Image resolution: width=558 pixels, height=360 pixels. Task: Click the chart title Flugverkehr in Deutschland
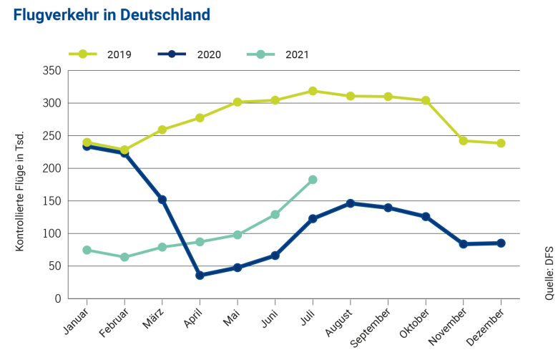pyautogui.click(x=112, y=15)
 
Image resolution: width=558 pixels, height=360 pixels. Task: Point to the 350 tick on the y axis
pyautogui.click(x=52, y=71)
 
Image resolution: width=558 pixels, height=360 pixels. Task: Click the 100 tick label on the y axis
pyautogui.click(x=52, y=234)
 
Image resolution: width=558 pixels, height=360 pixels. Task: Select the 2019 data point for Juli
pyautogui.click(x=313, y=91)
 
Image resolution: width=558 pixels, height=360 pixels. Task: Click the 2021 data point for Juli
pyautogui.click(x=313, y=180)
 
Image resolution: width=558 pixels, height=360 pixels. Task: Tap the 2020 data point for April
pyautogui.click(x=200, y=275)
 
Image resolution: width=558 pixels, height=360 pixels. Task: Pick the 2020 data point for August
pyautogui.click(x=351, y=203)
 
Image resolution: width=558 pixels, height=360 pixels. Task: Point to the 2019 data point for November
pyautogui.click(x=464, y=141)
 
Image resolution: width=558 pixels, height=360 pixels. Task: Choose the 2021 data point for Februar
pyautogui.click(x=124, y=257)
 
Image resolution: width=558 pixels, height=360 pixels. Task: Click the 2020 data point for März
pyautogui.click(x=162, y=200)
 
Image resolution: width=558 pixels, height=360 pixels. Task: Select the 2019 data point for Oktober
pyautogui.click(x=426, y=100)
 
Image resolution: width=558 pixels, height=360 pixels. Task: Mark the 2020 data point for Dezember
pyautogui.click(x=501, y=243)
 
